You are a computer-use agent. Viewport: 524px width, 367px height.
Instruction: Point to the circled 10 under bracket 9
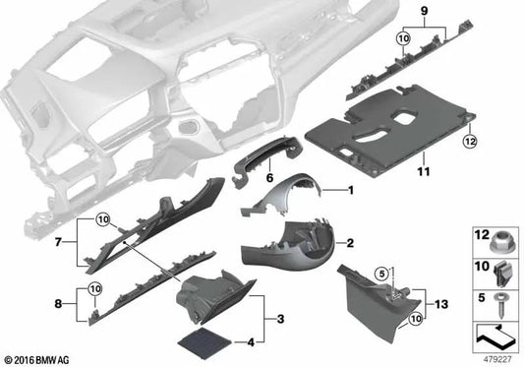pos(403,38)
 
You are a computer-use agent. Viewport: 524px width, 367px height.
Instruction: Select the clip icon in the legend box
pos(499,269)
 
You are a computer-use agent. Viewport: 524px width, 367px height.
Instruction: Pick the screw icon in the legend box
pos(499,295)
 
